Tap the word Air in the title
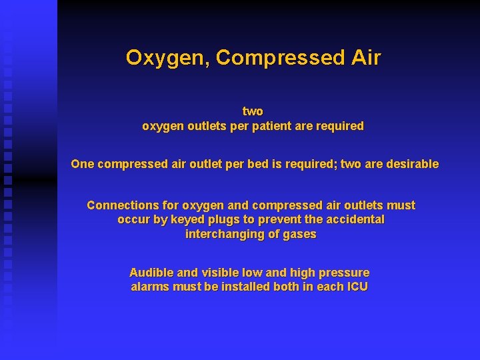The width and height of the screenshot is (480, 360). (366, 58)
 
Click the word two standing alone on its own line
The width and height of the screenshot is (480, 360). (253, 111)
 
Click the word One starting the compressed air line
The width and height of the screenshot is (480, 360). (83, 164)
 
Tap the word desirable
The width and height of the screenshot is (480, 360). (413, 164)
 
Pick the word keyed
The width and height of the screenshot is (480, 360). (186, 219)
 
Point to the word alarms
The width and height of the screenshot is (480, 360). (150, 287)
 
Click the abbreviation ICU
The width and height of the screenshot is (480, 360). (357, 287)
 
